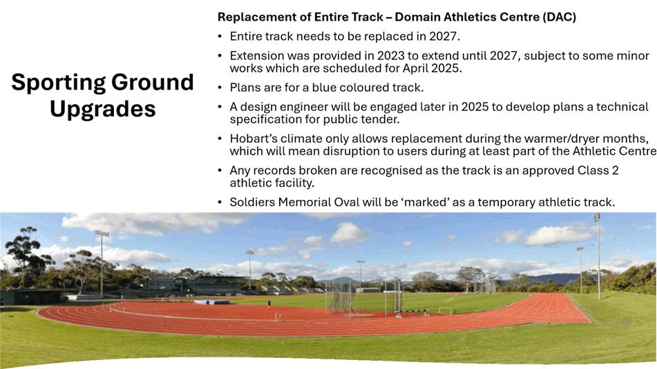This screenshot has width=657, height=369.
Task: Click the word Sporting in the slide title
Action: pyautogui.click(x=58, y=83)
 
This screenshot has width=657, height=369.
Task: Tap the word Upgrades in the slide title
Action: pyautogui.click(x=103, y=110)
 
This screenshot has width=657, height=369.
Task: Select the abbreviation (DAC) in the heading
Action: pyautogui.click(x=559, y=17)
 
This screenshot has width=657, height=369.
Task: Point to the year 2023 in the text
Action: pyautogui.click(x=390, y=56)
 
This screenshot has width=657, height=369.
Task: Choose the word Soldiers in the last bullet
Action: pyautogui.click(x=252, y=202)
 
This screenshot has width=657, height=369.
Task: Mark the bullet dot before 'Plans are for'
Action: pyautogui.click(x=220, y=88)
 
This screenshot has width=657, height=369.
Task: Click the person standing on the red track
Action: pyautogui.click(x=269, y=304)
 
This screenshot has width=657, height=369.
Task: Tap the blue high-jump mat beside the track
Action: pyautogui.click(x=212, y=302)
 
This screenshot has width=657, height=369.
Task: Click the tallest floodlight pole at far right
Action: pyautogui.click(x=598, y=256)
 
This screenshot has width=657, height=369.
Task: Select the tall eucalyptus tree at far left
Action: pyautogui.click(x=25, y=256)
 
